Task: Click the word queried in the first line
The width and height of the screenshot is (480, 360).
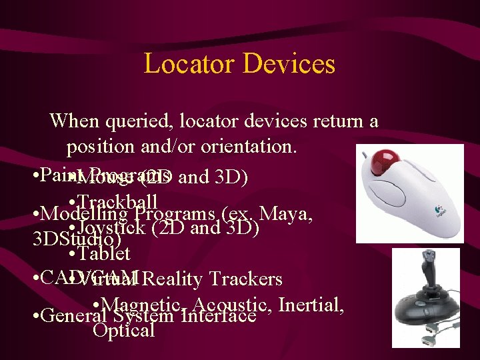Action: click(x=133, y=121)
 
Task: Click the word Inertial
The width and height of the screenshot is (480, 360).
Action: click(x=311, y=305)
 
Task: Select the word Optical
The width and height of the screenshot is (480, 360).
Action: click(x=124, y=330)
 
